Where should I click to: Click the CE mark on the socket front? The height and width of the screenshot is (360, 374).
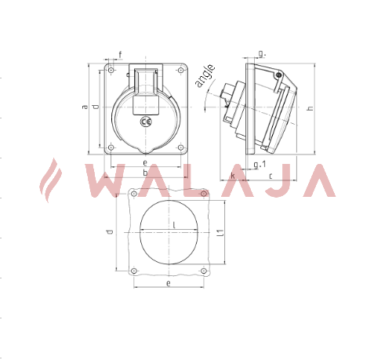(x=146, y=122)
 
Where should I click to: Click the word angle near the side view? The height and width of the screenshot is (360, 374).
(x=205, y=75)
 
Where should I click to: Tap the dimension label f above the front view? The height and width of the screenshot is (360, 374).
(x=120, y=55)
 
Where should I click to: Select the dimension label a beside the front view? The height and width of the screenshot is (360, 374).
(x=85, y=107)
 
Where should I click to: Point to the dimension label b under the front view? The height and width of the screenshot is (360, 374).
(x=145, y=173)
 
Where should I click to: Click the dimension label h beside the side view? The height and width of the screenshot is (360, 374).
(x=310, y=107)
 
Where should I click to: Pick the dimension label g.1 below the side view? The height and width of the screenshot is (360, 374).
(x=260, y=165)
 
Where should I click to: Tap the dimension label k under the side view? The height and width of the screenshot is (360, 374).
(x=232, y=176)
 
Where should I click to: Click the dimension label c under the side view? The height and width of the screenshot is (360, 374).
(x=271, y=176)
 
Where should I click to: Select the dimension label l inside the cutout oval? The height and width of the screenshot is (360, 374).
(x=174, y=225)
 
